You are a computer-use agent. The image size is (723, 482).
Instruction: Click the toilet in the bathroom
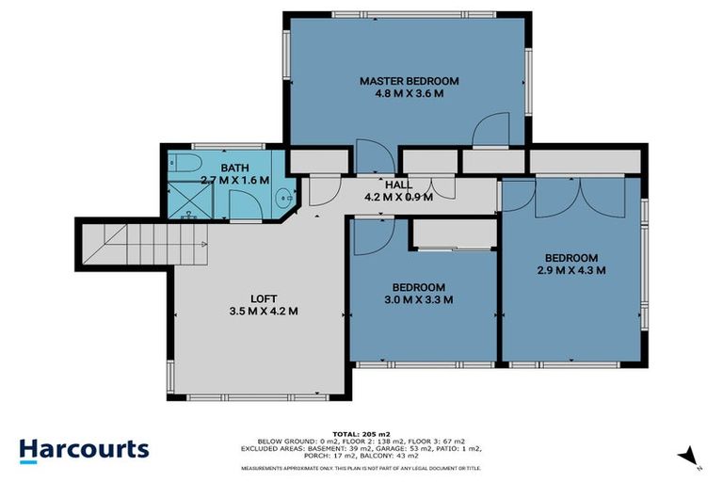click(178, 162)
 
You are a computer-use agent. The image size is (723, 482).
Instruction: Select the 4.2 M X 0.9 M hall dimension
click(396, 198)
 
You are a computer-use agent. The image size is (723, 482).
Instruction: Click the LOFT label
click(263, 297)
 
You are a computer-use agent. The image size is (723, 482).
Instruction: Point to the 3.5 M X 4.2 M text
click(263, 311)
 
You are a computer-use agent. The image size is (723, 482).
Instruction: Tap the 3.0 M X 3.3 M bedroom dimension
click(420, 300)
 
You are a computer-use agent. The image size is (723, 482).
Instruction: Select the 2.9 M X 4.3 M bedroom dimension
click(570, 270)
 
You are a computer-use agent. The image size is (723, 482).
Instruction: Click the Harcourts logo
click(85, 449)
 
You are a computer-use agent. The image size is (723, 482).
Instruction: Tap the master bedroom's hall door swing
click(370, 159)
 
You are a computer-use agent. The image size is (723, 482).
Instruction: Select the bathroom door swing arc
click(243, 202)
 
